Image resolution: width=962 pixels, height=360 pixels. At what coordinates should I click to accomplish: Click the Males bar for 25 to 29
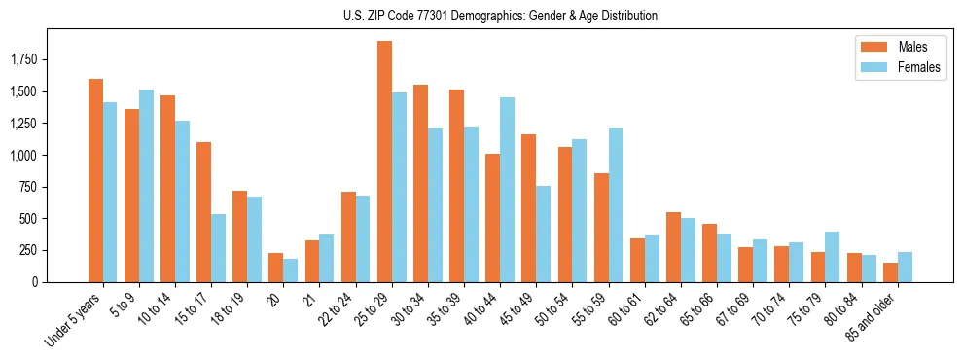point(384,162)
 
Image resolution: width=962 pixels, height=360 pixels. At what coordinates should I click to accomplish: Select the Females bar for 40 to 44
point(507,190)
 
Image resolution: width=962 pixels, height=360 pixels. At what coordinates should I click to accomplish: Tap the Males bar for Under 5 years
point(95,180)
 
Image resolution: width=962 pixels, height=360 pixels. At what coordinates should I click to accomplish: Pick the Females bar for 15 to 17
point(218,248)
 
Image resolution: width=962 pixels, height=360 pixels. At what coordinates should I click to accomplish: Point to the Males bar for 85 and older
point(890,272)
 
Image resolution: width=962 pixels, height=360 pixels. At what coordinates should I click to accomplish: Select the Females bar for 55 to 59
point(615,205)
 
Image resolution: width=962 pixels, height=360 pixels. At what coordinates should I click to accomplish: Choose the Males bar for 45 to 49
point(528,208)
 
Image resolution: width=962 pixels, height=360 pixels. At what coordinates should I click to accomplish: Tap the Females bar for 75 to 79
point(831,257)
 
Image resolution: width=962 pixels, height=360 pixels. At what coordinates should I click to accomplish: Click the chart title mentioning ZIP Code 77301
point(500,16)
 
